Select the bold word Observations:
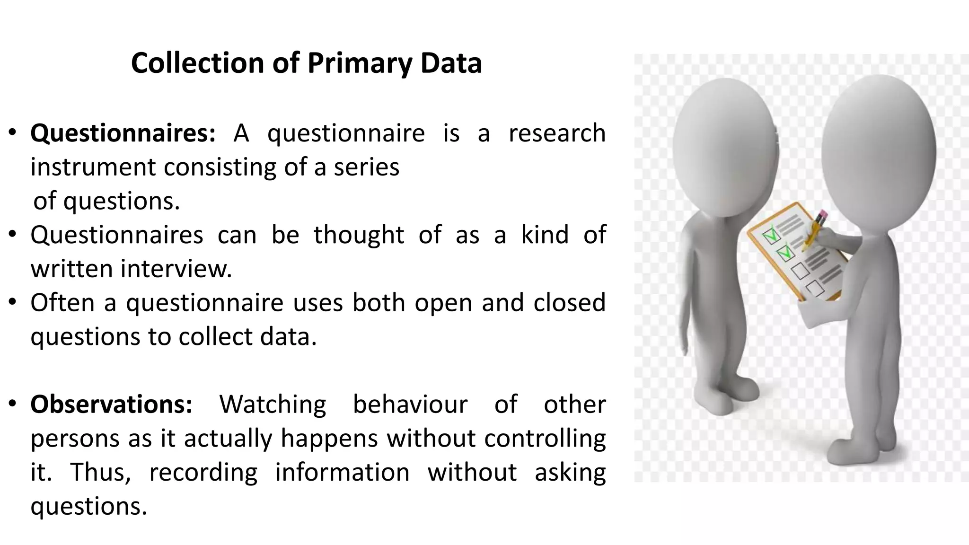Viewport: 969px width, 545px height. [x=112, y=404]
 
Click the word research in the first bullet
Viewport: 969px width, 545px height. [x=557, y=133]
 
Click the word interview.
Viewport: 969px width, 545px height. [x=176, y=269]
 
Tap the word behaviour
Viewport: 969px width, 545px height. [x=410, y=404]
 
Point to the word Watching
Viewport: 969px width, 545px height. [x=273, y=404]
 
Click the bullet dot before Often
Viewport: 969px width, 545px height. [x=13, y=302]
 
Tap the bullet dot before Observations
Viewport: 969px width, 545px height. [x=13, y=404]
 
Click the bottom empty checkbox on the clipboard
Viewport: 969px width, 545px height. [x=814, y=287]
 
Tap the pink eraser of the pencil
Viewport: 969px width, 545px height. [x=822, y=215]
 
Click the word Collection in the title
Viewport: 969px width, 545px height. [x=197, y=63]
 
